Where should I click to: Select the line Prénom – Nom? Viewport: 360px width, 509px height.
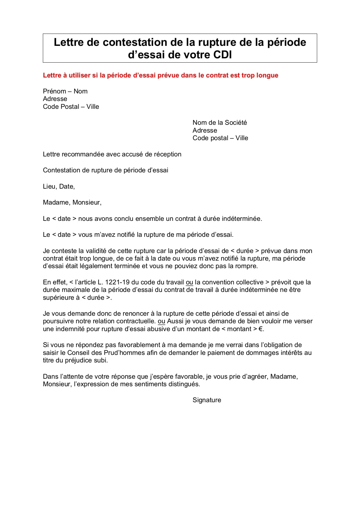(x=65, y=91)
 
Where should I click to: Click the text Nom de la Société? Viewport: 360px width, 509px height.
(x=220, y=123)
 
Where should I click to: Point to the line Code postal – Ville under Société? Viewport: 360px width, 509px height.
(x=220, y=138)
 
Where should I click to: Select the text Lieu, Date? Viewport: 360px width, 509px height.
(x=59, y=187)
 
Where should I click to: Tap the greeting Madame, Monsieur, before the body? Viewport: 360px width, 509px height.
(x=72, y=203)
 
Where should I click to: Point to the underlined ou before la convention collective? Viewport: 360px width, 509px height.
(x=189, y=282)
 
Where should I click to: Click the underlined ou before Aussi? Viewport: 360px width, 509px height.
(x=161, y=322)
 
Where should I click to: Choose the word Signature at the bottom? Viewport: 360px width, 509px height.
(x=207, y=400)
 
